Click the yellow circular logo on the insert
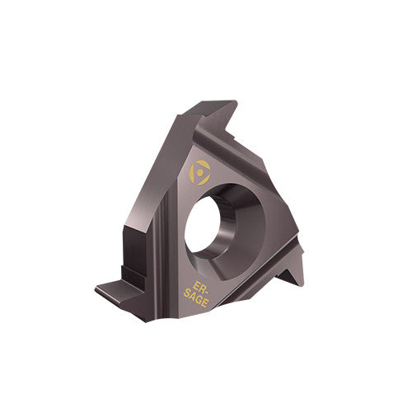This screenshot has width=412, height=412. (199, 171)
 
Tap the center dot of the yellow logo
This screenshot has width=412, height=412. (199, 171)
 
